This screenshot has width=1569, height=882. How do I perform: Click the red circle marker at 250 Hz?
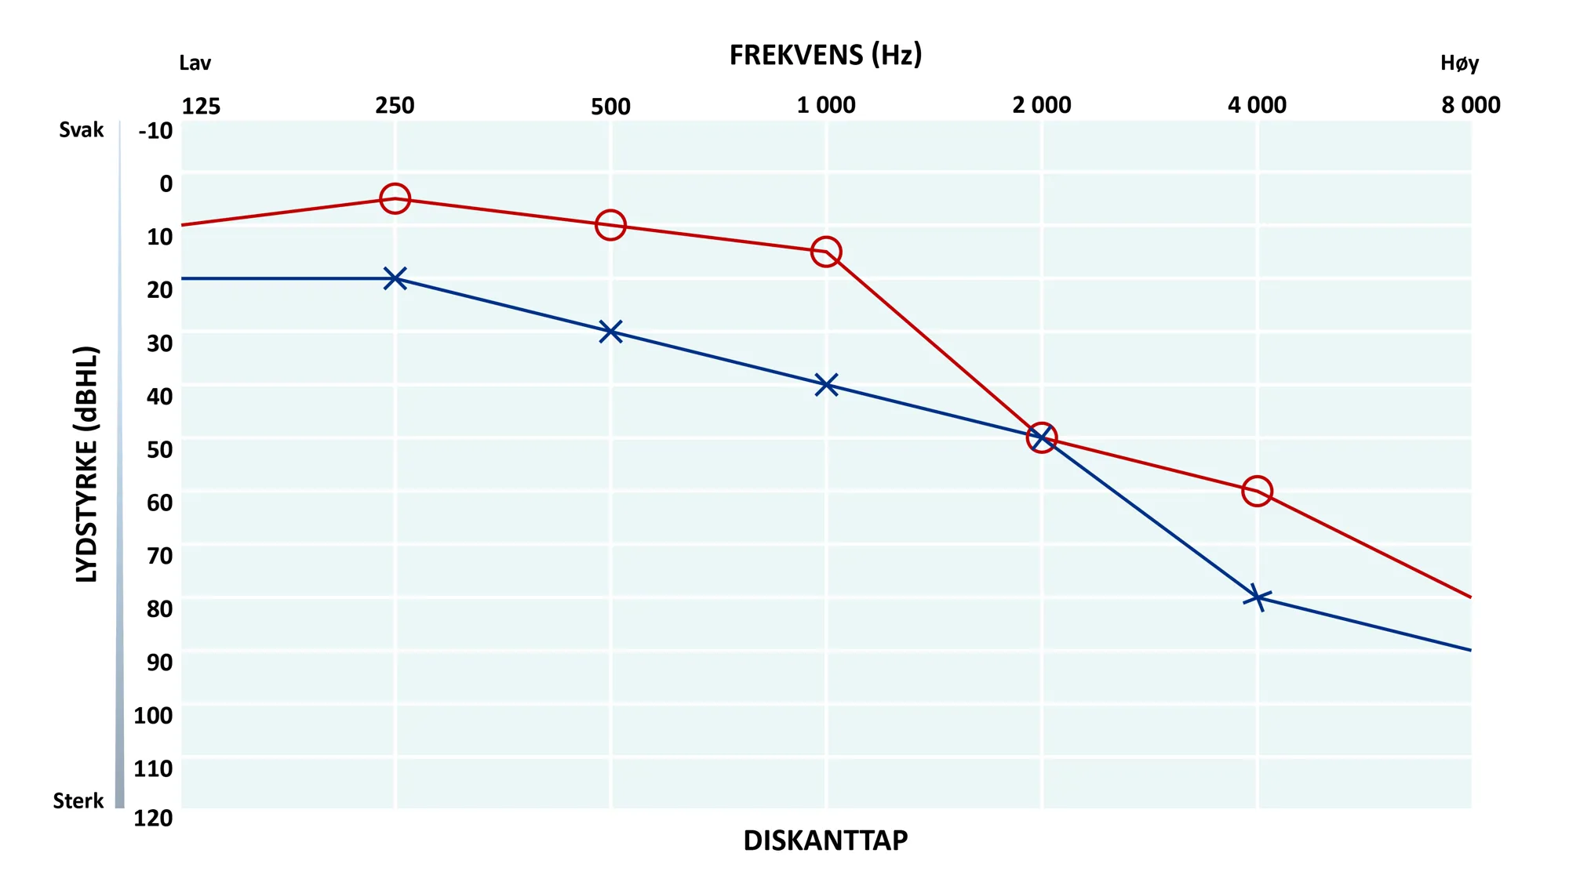(x=395, y=185)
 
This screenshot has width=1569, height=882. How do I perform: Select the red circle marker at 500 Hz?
(x=610, y=212)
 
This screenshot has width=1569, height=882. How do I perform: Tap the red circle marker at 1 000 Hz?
(x=826, y=238)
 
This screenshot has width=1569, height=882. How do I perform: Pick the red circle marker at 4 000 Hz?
(x=1257, y=477)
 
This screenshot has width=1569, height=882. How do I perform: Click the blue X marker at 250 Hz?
(x=395, y=278)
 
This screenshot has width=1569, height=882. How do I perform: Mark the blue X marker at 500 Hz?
(x=610, y=332)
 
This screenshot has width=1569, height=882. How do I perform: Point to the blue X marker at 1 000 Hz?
(x=826, y=385)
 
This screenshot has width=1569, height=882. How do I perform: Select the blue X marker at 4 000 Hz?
(x=1257, y=597)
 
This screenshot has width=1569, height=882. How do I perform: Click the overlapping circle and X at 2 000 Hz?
(x=1041, y=438)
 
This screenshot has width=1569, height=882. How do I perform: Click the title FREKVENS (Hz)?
(x=825, y=55)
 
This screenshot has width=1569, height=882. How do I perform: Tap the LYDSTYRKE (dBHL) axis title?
(x=87, y=464)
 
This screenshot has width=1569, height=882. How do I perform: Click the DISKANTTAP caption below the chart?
(x=825, y=840)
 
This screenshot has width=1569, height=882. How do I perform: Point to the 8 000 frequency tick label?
(x=1470, y=105)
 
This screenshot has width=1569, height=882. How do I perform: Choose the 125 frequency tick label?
(x=201, y=106)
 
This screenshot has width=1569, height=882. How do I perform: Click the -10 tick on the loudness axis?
(x=155, y=131)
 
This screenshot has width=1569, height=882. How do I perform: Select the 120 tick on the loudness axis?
(x=153, y=818)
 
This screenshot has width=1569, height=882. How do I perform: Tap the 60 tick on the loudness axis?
(x=159, y=503)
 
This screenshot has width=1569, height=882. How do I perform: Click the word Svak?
(x=81, y=129)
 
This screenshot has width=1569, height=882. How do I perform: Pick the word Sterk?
(x=78, y=800)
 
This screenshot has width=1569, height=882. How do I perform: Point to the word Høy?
(x=1459, y=63)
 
